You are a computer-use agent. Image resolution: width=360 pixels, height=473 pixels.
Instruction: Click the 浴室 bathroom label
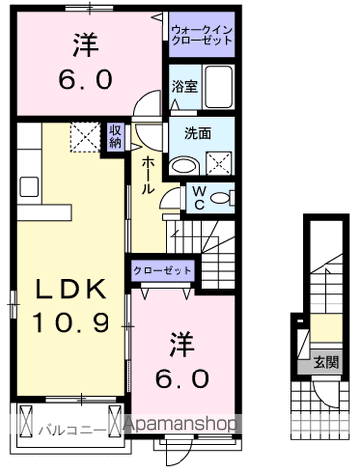(183, 86)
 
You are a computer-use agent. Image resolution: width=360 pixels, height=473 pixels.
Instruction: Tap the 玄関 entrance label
(327, 363)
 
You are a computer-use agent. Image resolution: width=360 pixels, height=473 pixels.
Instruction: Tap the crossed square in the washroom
(217, 164)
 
